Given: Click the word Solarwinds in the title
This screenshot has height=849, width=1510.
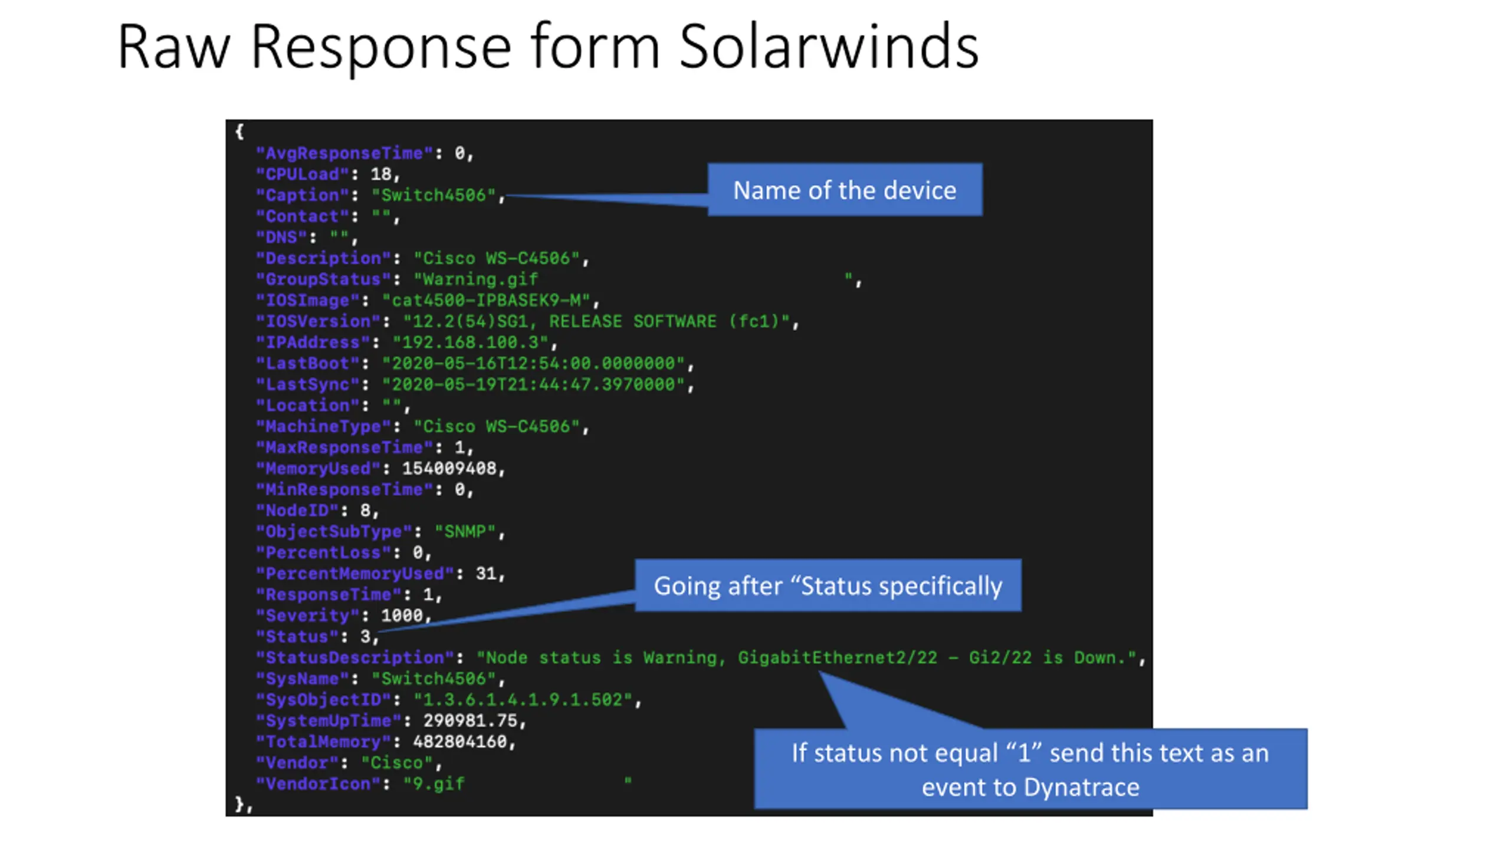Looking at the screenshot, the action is tap(828, 47).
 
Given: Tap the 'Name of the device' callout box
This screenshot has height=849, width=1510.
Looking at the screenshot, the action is tap(845, 190).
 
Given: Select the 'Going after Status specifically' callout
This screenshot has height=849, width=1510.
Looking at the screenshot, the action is tap(828, 585).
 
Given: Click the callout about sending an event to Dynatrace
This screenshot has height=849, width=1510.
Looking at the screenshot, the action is tap(1030, 769).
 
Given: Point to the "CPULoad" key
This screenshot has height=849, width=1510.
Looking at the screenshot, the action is tap(302, 175).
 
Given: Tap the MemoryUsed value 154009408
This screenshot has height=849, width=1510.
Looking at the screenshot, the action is tap(449, 469).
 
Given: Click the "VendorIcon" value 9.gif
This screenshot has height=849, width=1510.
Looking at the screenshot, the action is tap(434, 784).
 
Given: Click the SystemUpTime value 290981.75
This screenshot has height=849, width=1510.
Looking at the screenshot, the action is tap(470, 721).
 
